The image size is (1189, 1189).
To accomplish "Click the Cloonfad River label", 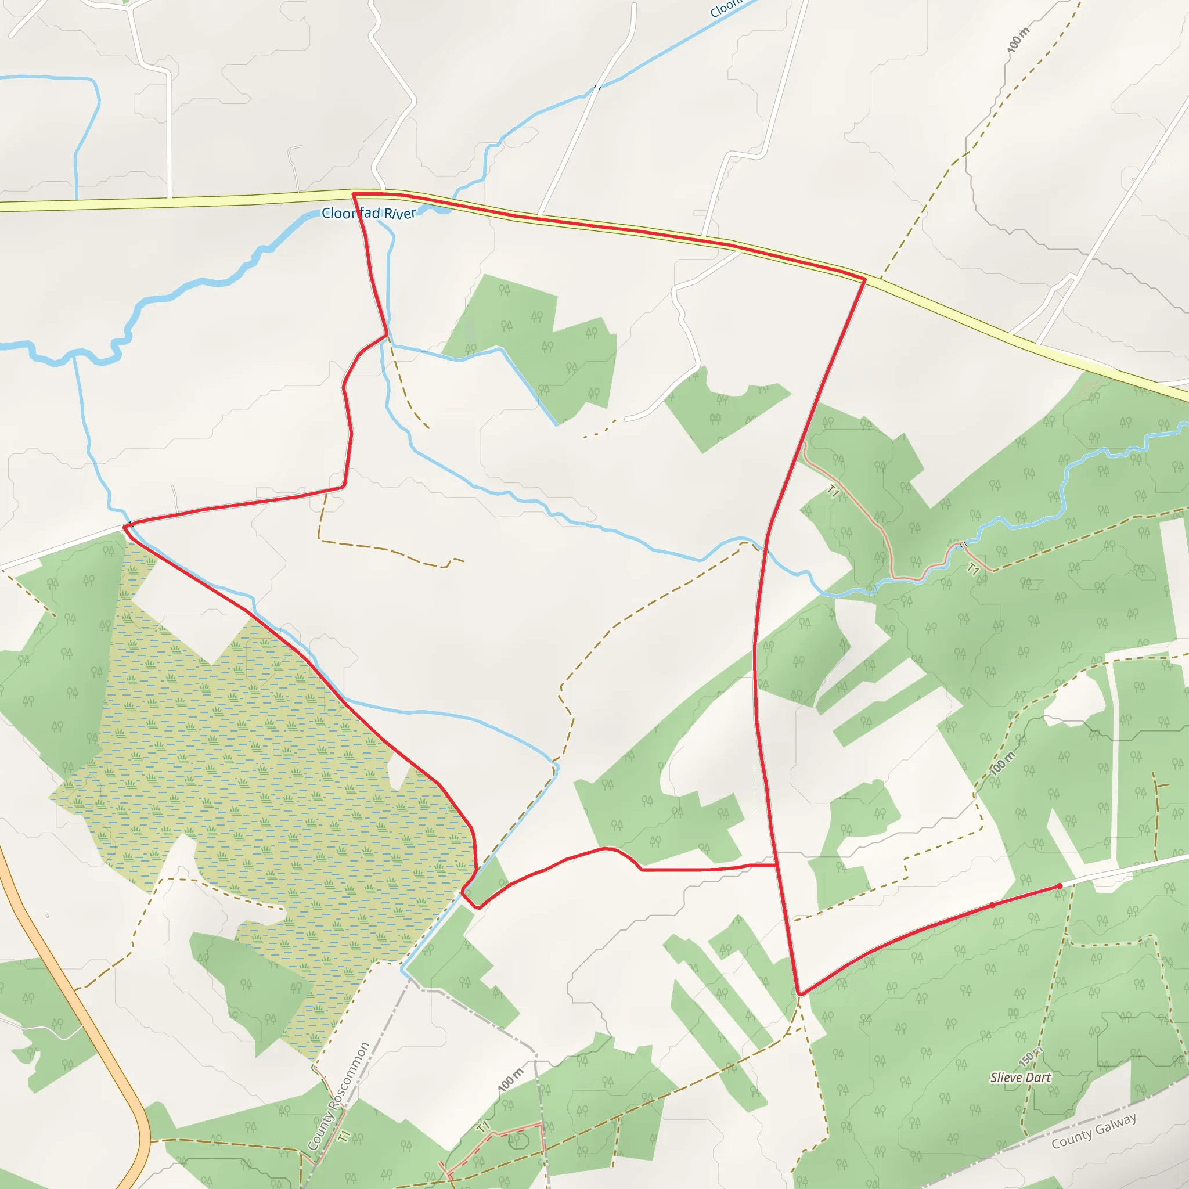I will click(369, 213).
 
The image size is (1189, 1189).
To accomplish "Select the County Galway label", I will click(1094, 1131).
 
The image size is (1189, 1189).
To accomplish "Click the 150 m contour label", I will click(1031, 1056).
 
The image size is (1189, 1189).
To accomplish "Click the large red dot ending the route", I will click(1059, 886).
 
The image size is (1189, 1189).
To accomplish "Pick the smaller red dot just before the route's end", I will click(992, 905).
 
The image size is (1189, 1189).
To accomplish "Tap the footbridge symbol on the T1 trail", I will click(964, 545).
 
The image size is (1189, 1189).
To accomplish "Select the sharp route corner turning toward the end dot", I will click(799, 994).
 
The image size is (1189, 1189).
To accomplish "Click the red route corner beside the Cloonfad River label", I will click(353, 194).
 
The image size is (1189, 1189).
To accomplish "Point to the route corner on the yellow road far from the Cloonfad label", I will click(864, 279).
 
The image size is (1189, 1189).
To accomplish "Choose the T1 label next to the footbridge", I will click(973, 570).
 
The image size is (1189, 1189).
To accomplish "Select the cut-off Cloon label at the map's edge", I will click(726, 9).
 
